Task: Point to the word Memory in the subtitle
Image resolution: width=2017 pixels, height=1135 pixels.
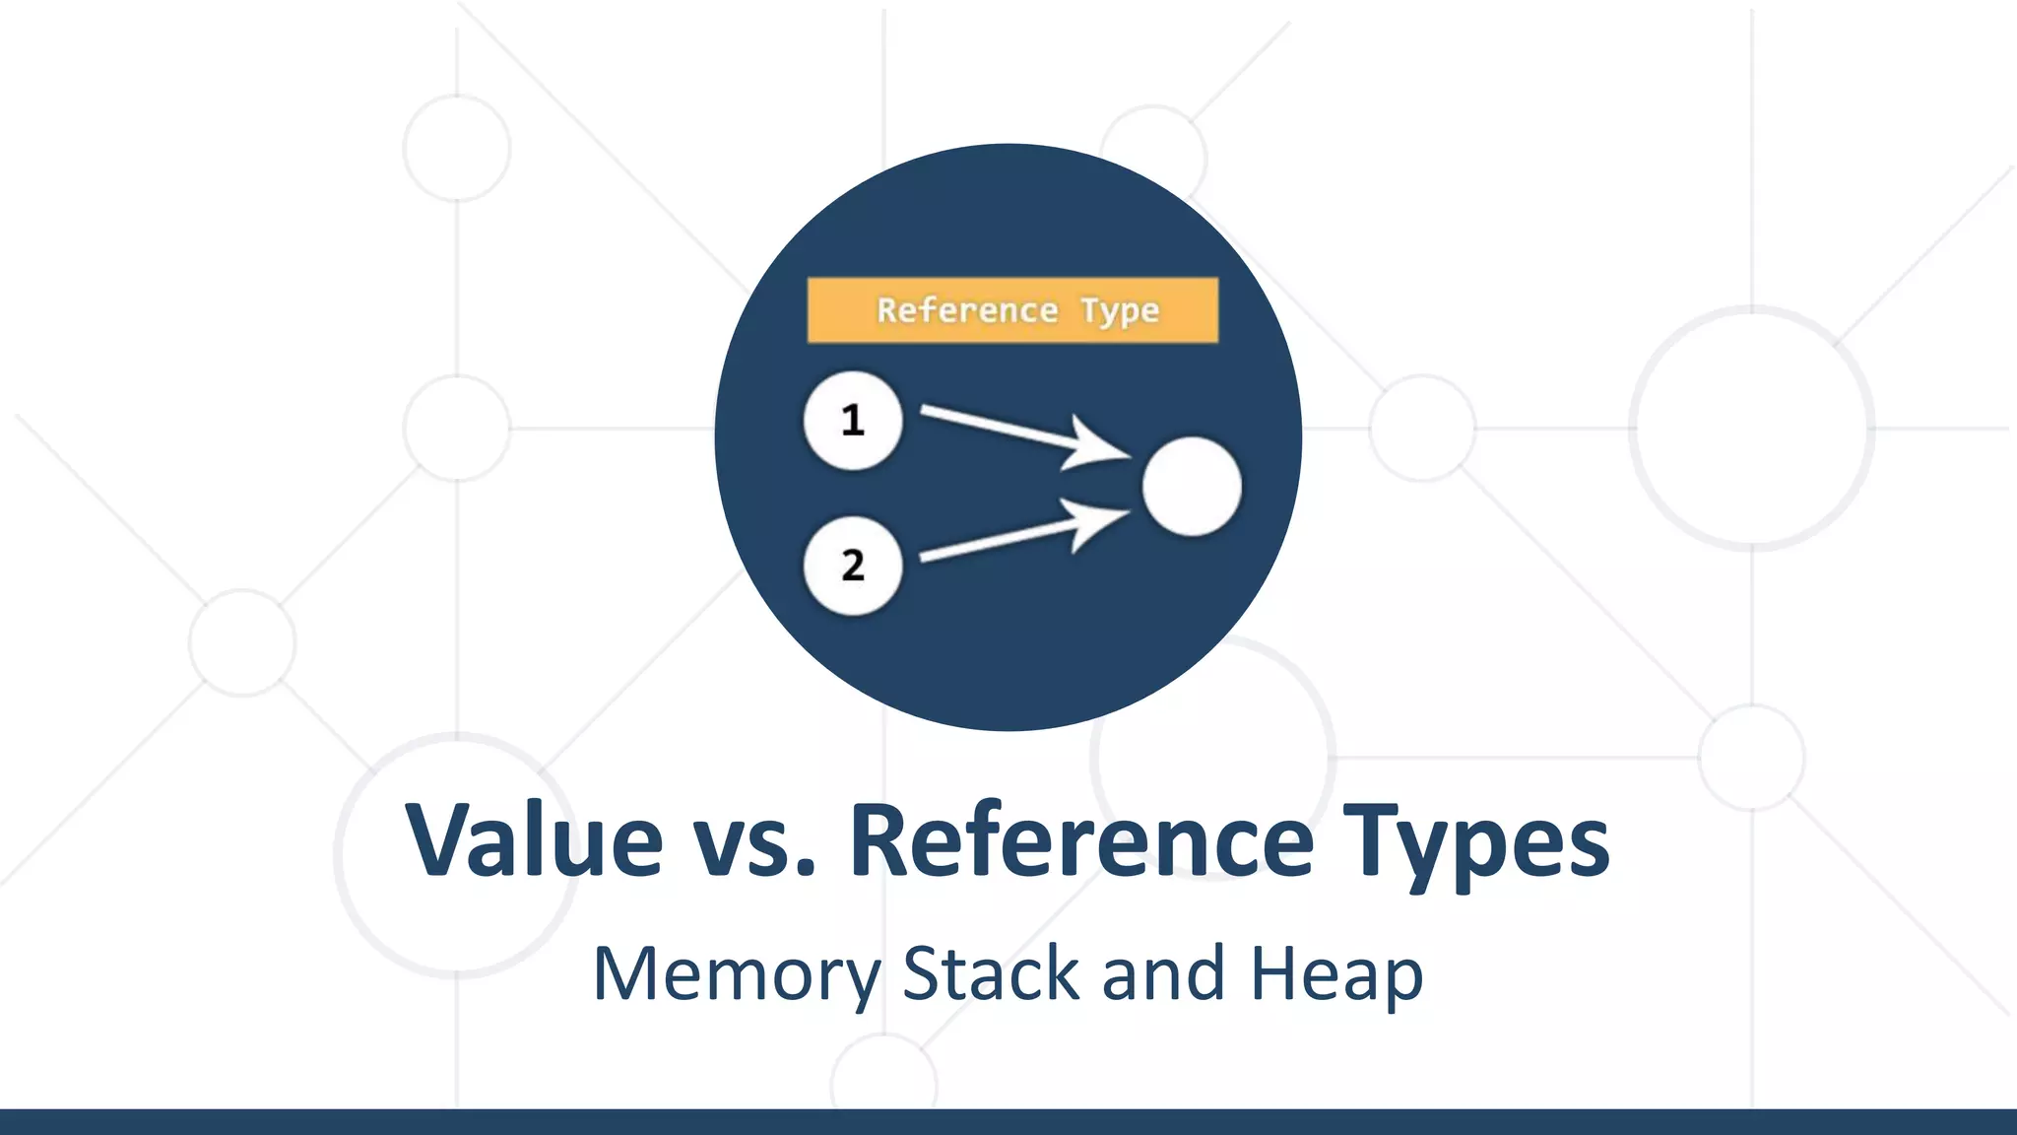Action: click(736, 975)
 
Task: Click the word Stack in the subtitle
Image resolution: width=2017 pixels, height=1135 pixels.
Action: click(991, 973)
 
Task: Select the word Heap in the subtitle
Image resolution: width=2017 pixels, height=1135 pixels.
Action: click(1336, 975)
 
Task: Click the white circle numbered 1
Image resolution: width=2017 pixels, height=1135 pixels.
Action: click(853, 421)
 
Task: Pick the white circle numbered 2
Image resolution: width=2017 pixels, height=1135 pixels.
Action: click(853, 566)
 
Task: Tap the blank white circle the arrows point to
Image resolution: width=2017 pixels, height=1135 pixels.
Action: click(1192, 487)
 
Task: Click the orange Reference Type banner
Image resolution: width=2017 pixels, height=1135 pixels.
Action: click(1012, 310)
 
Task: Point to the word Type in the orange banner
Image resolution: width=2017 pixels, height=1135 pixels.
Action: click(1120, 311)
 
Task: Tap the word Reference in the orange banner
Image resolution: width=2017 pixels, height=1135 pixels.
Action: click(967, 310)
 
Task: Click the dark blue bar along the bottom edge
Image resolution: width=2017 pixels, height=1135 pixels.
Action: click(1008, 1122)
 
